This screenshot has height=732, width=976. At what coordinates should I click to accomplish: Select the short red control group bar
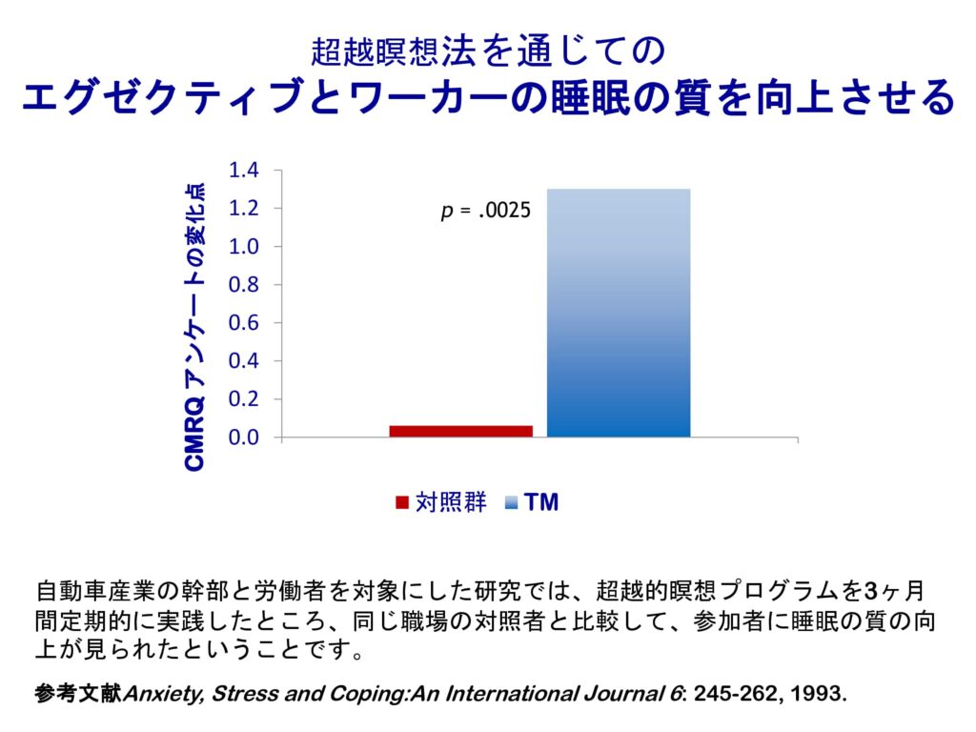pos(460,431)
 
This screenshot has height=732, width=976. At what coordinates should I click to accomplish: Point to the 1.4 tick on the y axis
pos(244,171)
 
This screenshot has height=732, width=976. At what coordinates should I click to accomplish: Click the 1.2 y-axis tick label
pos(244,209)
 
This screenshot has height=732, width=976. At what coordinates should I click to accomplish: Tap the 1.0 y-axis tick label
pos(244,247)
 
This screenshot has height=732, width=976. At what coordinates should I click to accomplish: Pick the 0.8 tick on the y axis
pos(244,285)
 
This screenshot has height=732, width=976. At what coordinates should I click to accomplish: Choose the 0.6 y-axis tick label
pos(244,323)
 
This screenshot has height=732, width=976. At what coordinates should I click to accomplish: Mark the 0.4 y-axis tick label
pos(244,361)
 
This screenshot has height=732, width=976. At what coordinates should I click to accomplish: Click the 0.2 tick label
pos(244,399)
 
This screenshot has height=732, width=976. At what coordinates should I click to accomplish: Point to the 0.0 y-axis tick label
pos(244,438)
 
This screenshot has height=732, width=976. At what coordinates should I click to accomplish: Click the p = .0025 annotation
pos(485,211)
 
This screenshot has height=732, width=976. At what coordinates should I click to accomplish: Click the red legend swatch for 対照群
pos(402,502)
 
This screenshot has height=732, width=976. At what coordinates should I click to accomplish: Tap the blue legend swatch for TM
pos(513,502)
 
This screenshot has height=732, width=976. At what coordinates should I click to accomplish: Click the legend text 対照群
pos(450,502)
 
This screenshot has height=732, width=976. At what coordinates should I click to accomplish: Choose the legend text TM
pos(541,502)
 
